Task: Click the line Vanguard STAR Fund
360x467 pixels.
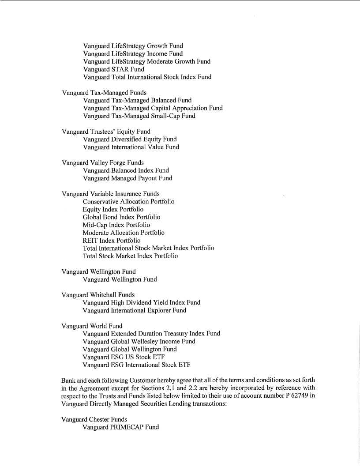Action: coord(113,69)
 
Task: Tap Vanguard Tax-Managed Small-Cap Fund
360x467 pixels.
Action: coord(139,116)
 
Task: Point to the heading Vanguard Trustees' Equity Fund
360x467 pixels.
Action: coord(106,132)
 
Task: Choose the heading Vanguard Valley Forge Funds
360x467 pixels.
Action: coord(103,163)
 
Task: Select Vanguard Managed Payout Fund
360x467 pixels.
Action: coord(127,178)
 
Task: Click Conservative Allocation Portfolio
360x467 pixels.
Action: coord(128,202)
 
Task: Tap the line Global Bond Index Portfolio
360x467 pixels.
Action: coord(121,217)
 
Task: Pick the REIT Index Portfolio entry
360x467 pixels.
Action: coord(112,241)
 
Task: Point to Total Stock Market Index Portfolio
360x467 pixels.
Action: coord(130,256)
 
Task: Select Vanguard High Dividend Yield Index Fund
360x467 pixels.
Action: coord(141,303)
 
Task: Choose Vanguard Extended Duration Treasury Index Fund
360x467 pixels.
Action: coord(151,334)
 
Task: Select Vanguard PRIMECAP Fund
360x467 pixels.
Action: coord(120,427)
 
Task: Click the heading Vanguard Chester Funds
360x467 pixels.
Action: coord(94,419)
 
